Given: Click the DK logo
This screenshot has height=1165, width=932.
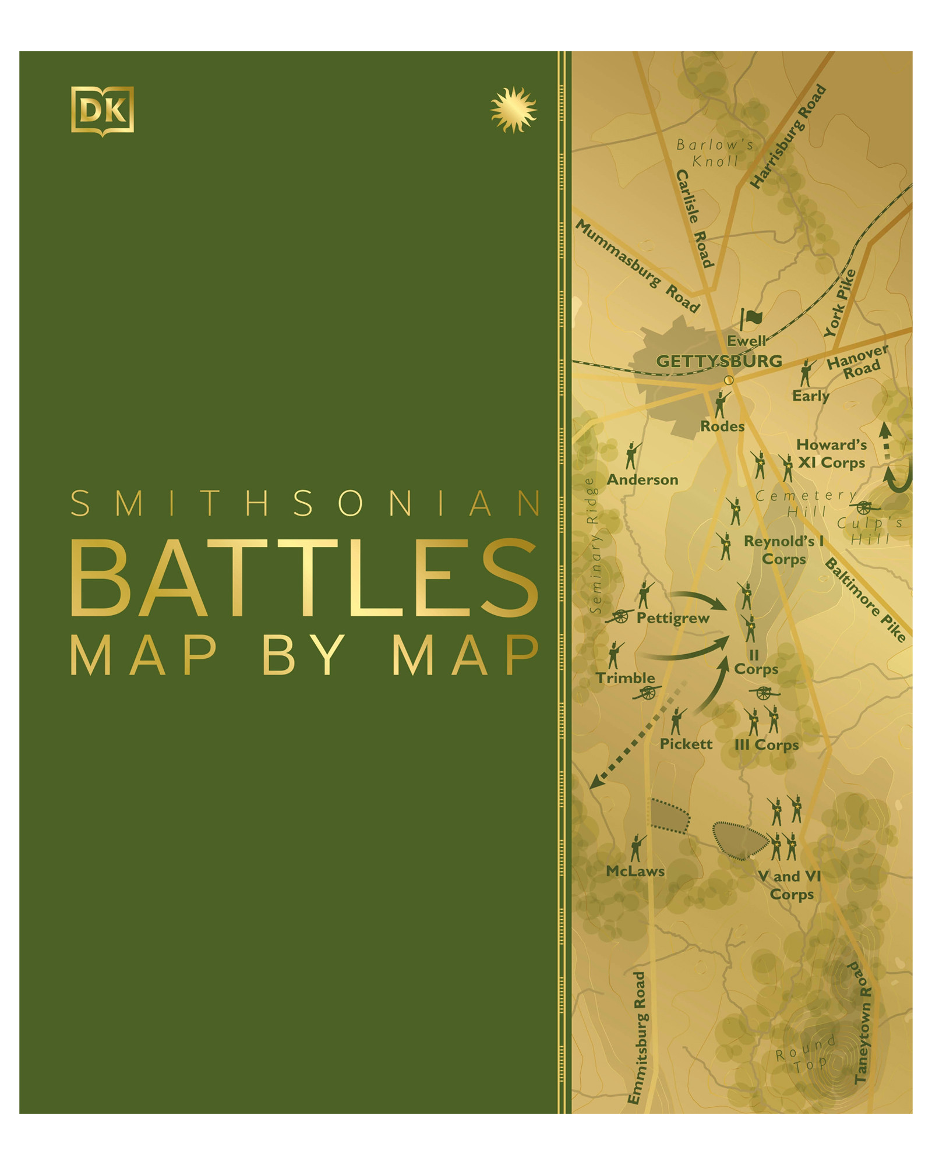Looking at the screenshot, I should click(x=103, y=111).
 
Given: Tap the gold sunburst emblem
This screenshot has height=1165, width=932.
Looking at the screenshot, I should click(x=513, y=110).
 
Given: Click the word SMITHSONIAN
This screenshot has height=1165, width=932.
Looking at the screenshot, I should click(x=305, y=503).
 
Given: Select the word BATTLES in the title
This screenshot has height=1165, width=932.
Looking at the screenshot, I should click(x=304, y=578).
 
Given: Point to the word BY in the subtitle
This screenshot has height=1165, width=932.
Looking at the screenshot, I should click(x=304, y=655).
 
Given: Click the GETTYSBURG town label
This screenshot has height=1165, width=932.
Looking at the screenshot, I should click(x=719, y=361).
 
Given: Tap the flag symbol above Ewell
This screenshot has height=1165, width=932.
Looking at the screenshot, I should click(x=751, y=319).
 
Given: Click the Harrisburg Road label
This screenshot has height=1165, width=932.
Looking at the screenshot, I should click(x=788, y=137).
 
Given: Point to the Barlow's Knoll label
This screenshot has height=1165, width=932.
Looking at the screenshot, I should click(x=715, y=153).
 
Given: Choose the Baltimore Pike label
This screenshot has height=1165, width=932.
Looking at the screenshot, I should click(x=865, y=599).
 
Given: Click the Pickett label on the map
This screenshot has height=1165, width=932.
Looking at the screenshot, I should click(x=686, y=744).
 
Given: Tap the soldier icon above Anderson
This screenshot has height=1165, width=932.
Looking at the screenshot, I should click(x=632, y=455).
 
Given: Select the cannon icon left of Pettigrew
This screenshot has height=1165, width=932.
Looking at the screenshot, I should click(x=620, y=616).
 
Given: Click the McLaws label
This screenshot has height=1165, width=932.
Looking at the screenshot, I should click(x=635, y=871).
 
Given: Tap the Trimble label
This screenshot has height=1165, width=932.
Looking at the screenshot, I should click(x=625, y=678).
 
